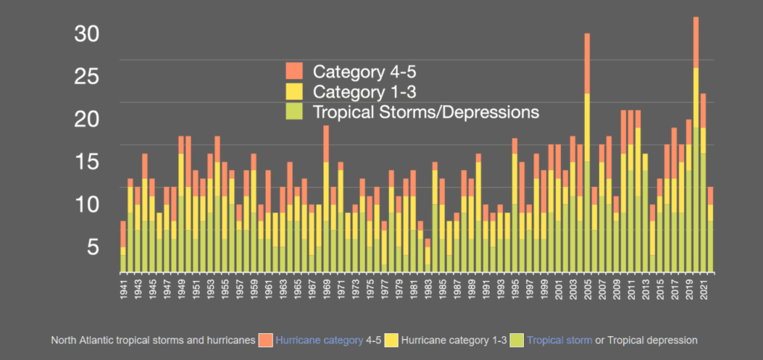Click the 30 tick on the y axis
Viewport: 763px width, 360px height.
(89, 34)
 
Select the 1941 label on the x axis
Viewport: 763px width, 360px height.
(123, 287)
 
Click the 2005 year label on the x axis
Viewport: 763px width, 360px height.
(587, 287)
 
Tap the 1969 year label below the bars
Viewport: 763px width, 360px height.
(326, 287)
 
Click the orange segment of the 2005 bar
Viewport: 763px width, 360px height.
(587, 63)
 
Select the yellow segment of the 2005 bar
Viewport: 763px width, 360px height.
(587, 127)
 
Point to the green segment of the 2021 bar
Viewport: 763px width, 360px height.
(703, 212)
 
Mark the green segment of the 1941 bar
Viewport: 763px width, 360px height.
(123, 263)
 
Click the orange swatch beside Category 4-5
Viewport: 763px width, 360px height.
(294, 72)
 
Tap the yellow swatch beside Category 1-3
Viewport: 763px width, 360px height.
(294, 92)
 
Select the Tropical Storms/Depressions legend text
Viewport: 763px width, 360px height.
(425, 112)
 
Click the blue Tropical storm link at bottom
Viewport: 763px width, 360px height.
(558, 341)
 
